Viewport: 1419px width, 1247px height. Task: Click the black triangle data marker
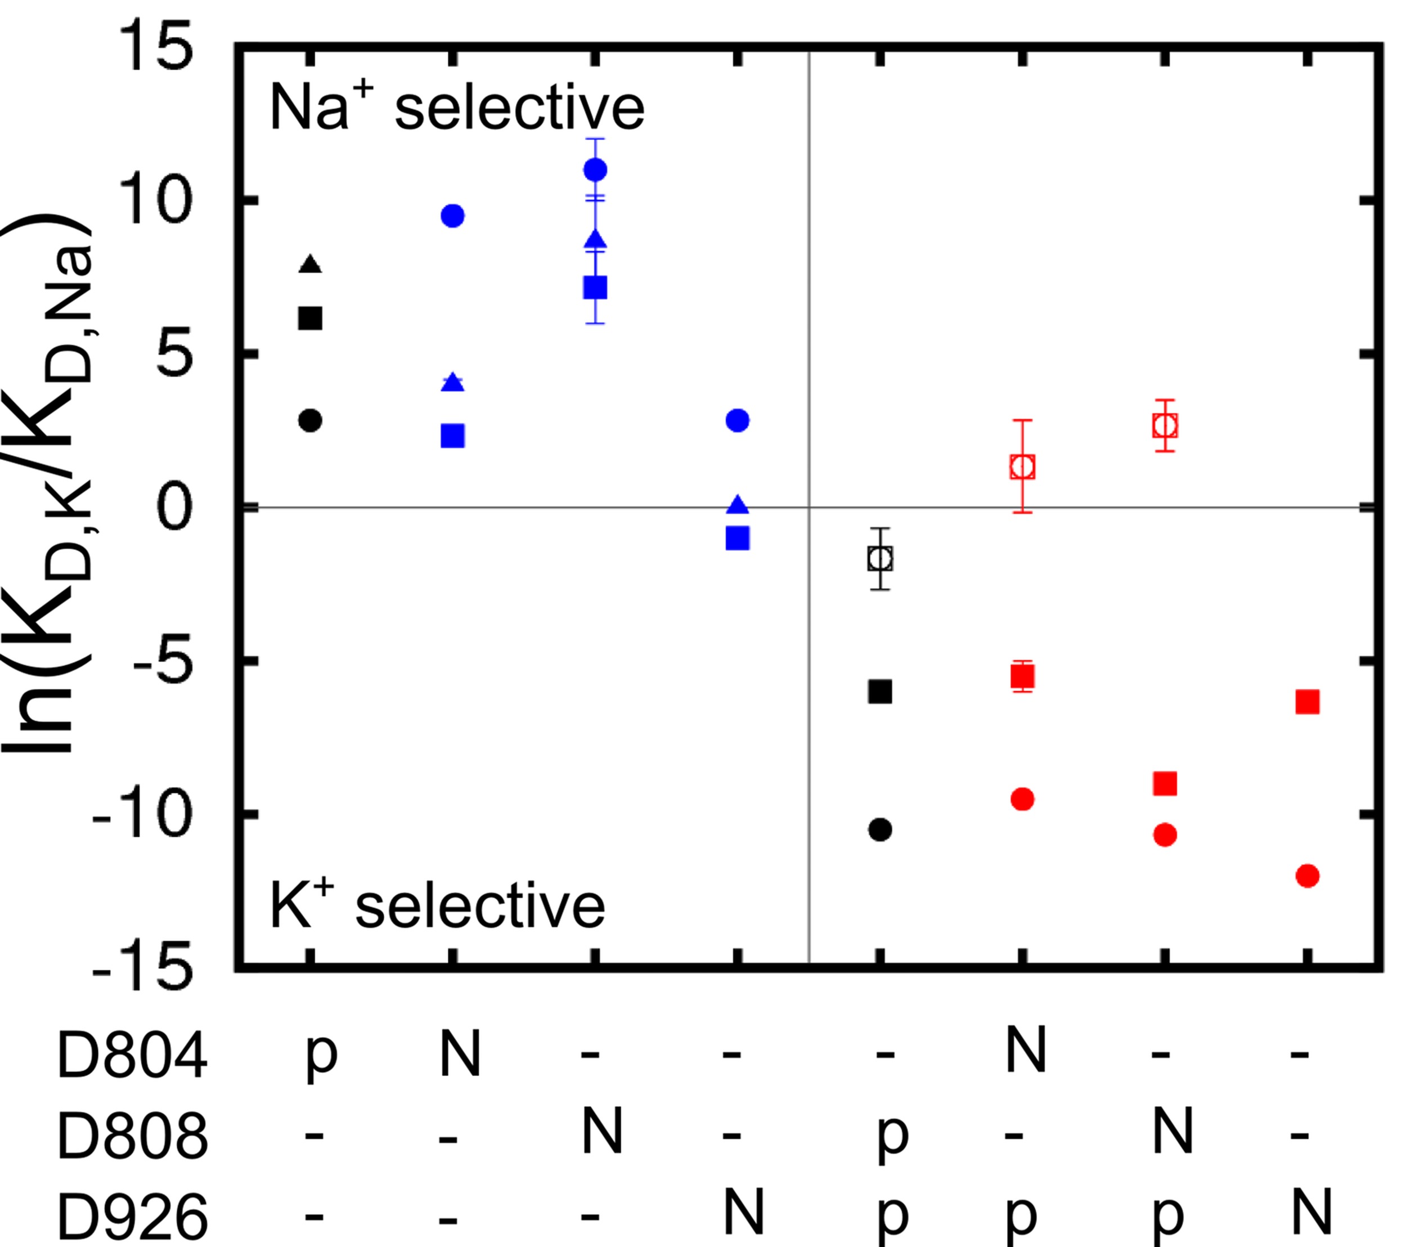311,264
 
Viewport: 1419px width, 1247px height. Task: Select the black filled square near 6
311,318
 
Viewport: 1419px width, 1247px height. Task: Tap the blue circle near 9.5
452,216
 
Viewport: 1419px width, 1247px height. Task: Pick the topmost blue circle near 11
595,169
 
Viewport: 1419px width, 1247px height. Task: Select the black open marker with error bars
881,558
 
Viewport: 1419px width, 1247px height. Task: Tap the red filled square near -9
1165,784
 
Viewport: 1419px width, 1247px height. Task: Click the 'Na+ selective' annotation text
457,108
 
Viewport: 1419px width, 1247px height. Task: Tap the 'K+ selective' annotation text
437,906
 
